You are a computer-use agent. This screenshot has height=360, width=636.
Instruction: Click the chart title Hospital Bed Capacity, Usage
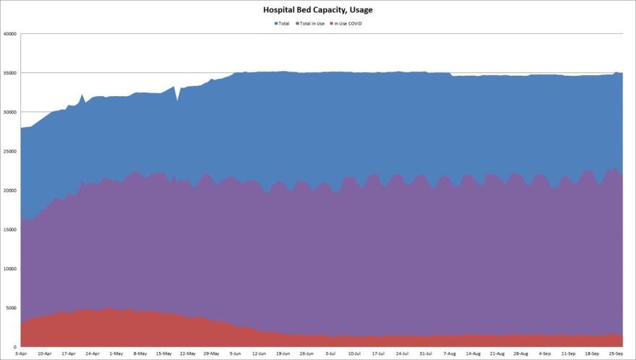318,11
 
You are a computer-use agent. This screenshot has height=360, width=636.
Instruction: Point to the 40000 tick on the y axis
9,34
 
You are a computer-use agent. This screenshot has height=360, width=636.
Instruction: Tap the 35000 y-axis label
9,73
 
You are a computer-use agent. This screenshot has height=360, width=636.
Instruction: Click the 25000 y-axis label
9,151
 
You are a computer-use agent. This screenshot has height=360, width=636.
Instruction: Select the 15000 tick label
9,230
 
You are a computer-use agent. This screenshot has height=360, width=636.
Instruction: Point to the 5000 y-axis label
11,308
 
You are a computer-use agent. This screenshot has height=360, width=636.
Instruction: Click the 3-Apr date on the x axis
21,353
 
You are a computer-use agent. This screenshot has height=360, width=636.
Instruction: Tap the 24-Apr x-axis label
93,353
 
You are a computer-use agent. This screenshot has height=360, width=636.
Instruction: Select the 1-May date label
116,353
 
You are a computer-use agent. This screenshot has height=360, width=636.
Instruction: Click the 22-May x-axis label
188,353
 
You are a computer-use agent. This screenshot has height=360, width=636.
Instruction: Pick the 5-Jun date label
236,353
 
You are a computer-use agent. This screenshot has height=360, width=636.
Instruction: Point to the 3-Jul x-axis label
331,353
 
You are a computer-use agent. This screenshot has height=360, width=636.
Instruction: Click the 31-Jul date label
426,353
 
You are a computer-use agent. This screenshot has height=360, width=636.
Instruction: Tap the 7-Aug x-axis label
450,353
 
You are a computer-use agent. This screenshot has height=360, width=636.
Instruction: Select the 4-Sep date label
545,353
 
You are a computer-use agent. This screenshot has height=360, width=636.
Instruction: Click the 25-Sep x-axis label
616,353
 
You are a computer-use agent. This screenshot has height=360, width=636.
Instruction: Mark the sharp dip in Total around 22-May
177,100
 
